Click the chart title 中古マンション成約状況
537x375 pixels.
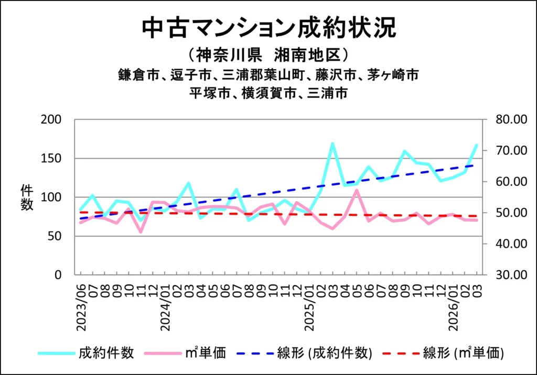268,28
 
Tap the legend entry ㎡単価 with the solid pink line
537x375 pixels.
205,353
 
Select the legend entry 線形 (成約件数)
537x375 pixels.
325,353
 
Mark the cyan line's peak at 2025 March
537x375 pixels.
332,143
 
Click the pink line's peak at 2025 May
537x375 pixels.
357,190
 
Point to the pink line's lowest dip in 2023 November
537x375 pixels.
141,231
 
